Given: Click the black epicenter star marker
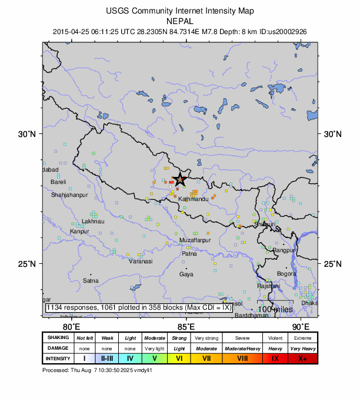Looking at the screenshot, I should pyautogui.click(x=180, y=180).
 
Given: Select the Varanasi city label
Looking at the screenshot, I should pyautogui.click(x=141, y=261).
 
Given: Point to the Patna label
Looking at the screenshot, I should pyautogui.click(x=189, y=253).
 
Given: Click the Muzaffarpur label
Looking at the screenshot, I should pyautogui.click(x=195, y=241).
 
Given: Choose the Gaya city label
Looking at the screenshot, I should pyautogui.click(x=186, y=274).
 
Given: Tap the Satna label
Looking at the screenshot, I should pyautogui.click(x=91, y=280).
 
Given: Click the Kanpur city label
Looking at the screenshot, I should pyautogui.click(x=79, y=231).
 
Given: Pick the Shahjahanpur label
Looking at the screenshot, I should pyautogui.click(x=69, y=195).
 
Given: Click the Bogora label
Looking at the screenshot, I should pyautogui.click(x=287, y=274).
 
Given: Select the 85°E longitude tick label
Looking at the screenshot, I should pyautogui.click(x=186, y=327).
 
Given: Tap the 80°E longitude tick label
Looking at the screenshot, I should pyautogui.click(x=71, y=327).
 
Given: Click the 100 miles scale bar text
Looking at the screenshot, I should pyautogui.click(x=275, y=309).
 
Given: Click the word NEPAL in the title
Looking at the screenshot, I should pyautogui.click(x=180, y=21).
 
